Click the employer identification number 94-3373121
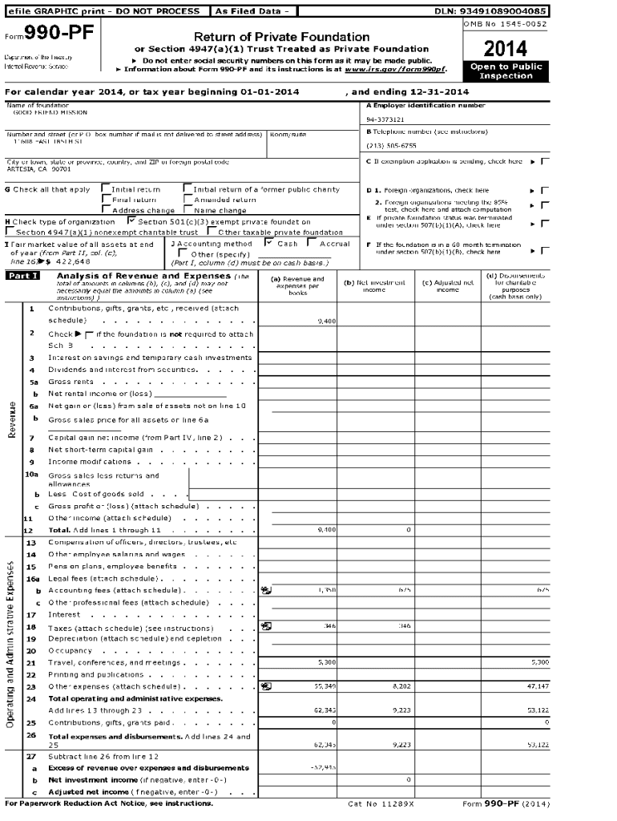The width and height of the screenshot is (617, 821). tap(385, 119)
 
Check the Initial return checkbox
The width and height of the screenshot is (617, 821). tap(106, 189)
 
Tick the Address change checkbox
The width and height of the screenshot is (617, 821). tap(106, 209)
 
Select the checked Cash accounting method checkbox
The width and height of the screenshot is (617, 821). tap(270, 243)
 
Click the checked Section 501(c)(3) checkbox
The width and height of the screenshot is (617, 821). tap(132, 220)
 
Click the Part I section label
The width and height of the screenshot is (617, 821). tap(22, 277)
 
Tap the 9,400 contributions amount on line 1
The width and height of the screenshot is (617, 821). tap(326, 321)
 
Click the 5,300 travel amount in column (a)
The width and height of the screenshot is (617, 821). tap(326, 662)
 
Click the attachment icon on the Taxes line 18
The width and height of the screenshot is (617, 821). tap(266, 625)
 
